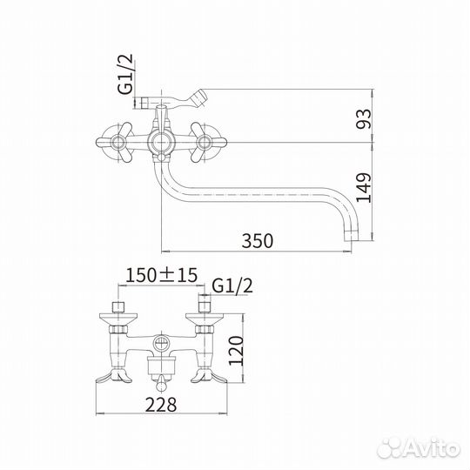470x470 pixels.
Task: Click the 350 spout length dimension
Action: [258, 240]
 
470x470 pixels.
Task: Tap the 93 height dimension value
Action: [364, 119]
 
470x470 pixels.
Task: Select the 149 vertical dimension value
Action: [364, 188]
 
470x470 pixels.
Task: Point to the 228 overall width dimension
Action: [161, 405]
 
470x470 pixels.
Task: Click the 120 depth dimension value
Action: [236, 351]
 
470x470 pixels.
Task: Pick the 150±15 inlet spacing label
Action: [162, 275]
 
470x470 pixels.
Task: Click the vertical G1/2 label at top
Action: [125, 74]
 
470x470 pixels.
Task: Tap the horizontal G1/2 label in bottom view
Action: [232, 285]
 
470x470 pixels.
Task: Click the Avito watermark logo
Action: [419, 449]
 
